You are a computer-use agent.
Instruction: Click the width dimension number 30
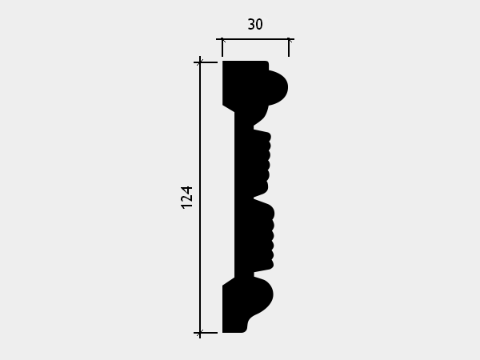[255, 25]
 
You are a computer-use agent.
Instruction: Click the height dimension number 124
[186, 198]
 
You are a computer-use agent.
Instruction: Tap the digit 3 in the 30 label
[251, 25]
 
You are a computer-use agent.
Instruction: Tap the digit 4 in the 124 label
[186, 190]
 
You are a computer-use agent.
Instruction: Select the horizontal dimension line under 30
[255, 39]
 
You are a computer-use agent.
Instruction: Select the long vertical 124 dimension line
[200, 198]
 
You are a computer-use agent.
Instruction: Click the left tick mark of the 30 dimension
[222, 47]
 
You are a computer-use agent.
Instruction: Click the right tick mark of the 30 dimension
[289, 47]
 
